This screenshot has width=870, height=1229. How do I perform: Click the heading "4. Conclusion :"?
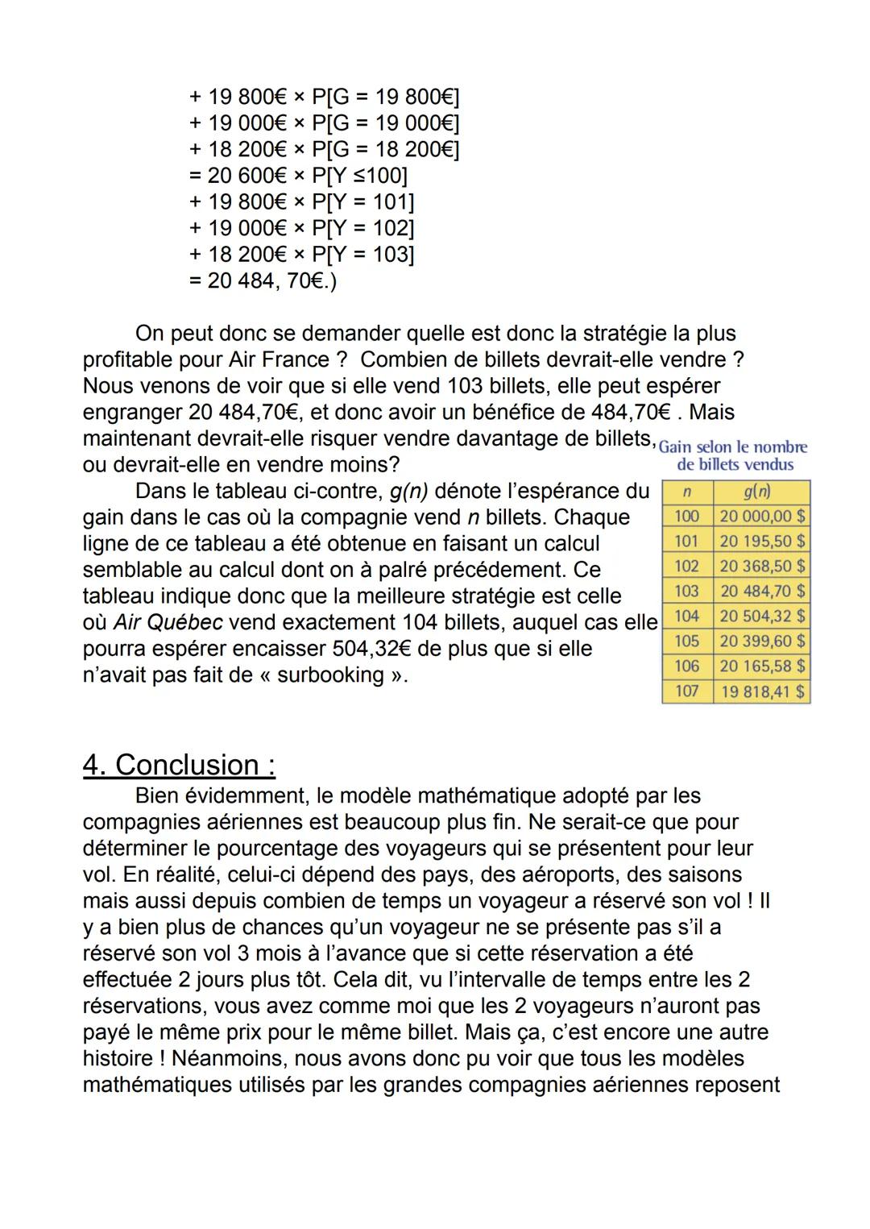pos(179,765)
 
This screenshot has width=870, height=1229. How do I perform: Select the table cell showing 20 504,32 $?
pos(762,617)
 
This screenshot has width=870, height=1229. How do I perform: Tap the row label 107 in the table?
pos(686,691)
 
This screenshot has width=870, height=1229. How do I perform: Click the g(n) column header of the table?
pos(757,492)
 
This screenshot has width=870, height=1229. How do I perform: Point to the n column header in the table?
pos(686,492)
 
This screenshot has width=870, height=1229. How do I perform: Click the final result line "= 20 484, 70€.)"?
pos(263,281)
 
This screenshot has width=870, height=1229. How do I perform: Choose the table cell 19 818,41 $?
pos(762,691)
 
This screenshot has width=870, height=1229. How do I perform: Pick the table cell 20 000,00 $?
pos(762,517)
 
